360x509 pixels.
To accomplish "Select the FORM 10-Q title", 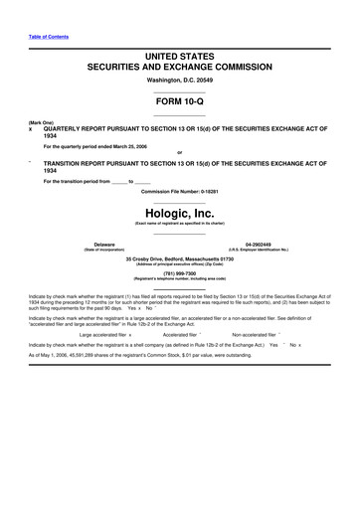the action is pos(180,101).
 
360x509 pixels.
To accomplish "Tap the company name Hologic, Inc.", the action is pos(180,213).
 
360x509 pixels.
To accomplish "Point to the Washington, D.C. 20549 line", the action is pos(180,79).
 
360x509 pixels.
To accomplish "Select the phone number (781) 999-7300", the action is pos(180,272).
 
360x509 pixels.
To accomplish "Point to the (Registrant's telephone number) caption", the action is pos(180,278).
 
